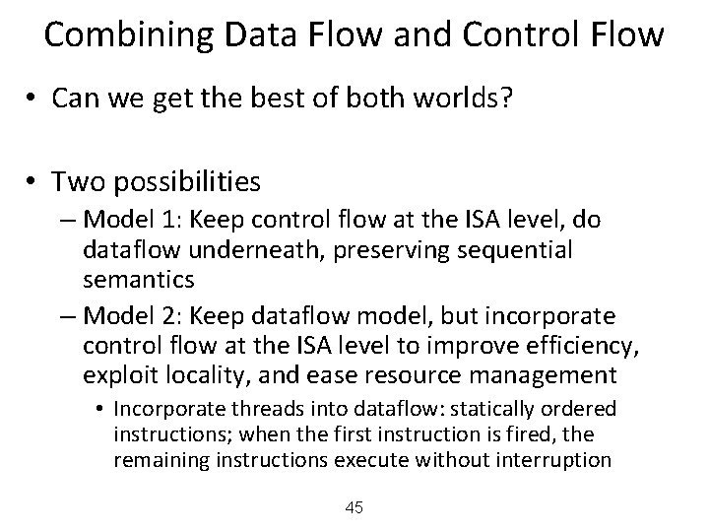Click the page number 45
[x=354, y=507]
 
